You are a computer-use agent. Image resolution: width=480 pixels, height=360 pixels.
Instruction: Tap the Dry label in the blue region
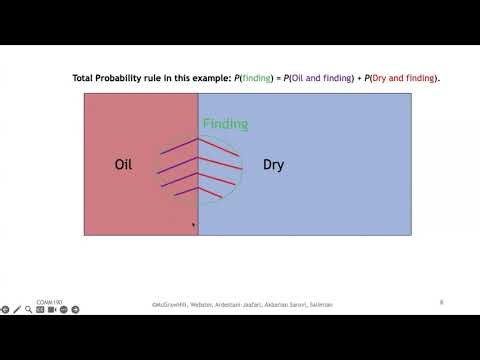pyautogui.click(x=273, y=164)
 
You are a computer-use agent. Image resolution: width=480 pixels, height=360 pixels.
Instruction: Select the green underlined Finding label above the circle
pyautogui.click(x=225, y=124)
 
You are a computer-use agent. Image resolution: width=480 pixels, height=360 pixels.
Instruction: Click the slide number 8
pyautogui.click(x=441, y=301)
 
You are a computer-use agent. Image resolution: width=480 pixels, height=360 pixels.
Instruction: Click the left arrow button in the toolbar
pyautogui.click(x=5, y=310)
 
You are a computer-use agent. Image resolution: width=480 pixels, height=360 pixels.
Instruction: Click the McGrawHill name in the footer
pyautogui.click(x=169, y=304)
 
